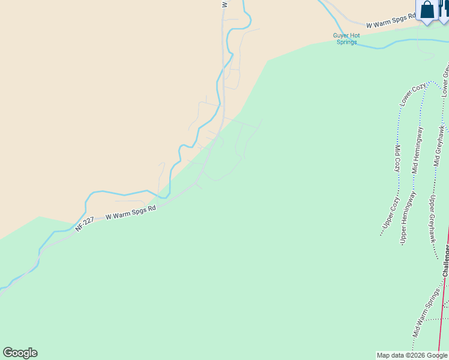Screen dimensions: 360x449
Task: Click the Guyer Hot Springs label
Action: pyautogui.click(x=346, y=39)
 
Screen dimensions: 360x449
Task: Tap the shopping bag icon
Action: pyautogui.click(x=427, y=11)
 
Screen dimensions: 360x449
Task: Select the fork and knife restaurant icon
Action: pyautogui.click(x=444, y=11)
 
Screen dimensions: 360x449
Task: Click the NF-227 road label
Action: pyautogui.click(x=85, y=225)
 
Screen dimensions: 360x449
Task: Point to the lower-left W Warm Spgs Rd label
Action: pyautogui.click(x=131, y=212)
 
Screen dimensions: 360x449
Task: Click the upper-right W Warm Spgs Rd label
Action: pyautogui.click(x=391, y=21)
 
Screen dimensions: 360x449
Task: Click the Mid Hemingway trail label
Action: pyautogui.click(x=417, y=150)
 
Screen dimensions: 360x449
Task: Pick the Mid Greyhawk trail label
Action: pyautogui.click(x=441, y=145)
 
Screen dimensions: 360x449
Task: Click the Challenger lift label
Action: pyautogui.click(x=446, y=259)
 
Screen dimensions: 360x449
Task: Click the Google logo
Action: pyautogui.click(x=20, y=353)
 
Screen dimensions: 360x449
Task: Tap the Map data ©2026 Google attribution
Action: pyautogui.click(x=412, y=355)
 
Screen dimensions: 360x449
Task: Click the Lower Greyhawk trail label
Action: pyautogui.click(x=445, y=81)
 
